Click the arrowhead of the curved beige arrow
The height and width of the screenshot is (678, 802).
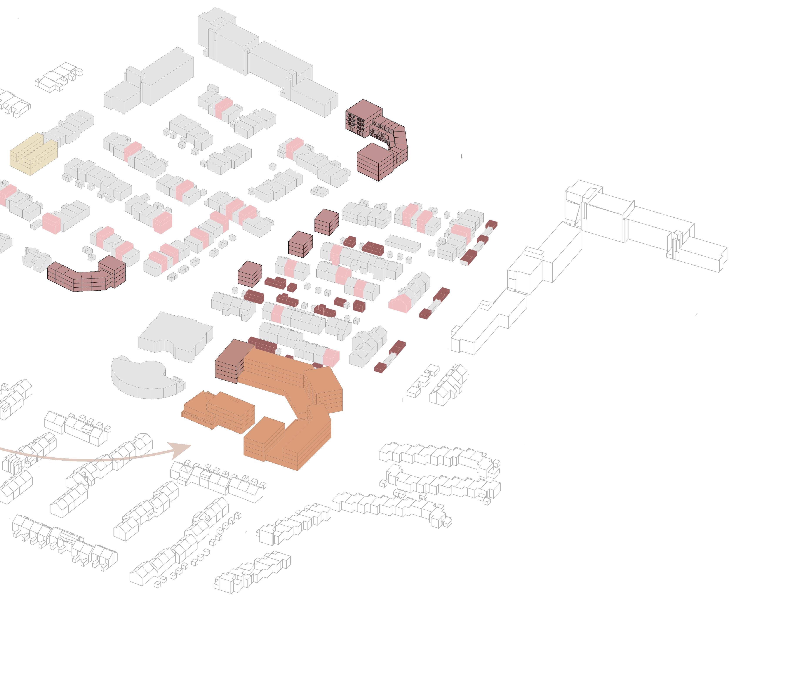coord(181,449)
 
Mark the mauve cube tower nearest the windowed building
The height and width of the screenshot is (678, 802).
coord(326,222)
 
